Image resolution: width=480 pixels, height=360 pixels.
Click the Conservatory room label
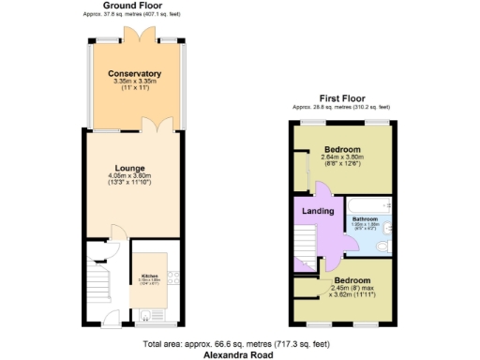tap(135, 74)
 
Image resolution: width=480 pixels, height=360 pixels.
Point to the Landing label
tap(318, 212)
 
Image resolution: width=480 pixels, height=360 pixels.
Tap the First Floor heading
tap(341, 97)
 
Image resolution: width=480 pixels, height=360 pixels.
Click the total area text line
tap(239, 344)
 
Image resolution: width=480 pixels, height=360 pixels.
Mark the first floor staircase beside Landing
tap(307, 247)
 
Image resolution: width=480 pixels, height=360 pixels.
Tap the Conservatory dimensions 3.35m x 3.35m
tap(135, 82)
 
